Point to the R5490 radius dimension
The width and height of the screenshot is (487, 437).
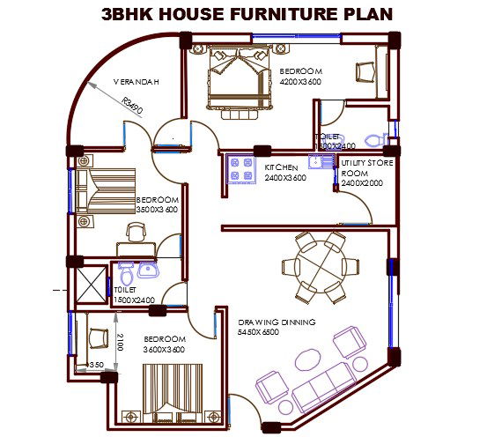pos(133,107)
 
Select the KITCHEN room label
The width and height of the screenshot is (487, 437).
pos(281,167)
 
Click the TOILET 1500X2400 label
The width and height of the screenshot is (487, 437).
pos(134,294)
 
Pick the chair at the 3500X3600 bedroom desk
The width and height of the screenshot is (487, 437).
pos(136,232)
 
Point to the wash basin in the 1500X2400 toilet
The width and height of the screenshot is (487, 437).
pos(146,269)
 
